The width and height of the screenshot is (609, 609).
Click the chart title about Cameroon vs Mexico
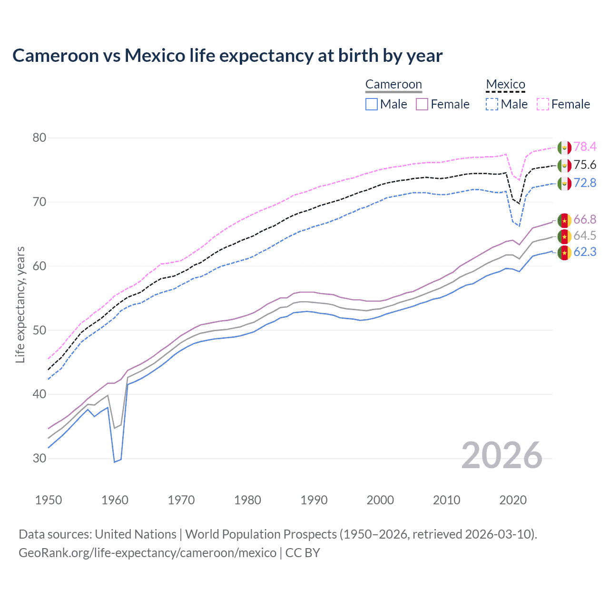coord(227,56)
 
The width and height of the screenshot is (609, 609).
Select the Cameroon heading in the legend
coord(393,84)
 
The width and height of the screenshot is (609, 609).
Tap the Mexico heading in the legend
coord(505,84)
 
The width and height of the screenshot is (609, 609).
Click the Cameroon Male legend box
coord(372,104)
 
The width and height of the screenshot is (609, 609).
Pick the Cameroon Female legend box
coord(422,104)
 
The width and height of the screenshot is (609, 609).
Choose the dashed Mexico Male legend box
coord(492,104)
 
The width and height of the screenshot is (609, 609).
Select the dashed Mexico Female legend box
coord(543,104)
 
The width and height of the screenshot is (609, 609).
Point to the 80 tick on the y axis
coord(39,138)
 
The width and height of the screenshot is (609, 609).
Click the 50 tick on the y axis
coord(39,330)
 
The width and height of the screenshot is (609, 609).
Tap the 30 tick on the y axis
coord(39,458)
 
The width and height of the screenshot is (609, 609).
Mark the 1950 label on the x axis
coord(49,500)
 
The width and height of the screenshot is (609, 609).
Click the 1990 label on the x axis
coord(314,500)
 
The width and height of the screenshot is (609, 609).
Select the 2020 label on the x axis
coord(513,500)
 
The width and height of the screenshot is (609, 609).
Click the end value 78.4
coord(585,147)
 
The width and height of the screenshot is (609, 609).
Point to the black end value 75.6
coord(585,165)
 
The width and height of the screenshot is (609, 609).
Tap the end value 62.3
coord(585,252)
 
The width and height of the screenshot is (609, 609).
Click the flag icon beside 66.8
coord(564,220)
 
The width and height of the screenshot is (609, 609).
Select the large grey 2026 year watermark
coord(501,455)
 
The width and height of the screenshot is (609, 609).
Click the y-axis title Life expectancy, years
coord(20,304)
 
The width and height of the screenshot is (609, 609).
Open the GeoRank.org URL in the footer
coord(147,553)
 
